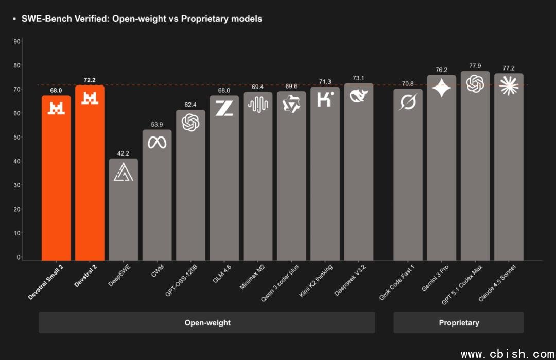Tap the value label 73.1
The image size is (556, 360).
[x=358, y=78]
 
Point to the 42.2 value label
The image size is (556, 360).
[x=124, y=153]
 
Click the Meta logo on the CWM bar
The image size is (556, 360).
[x=157, y=143]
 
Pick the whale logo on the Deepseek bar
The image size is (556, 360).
[x=358, y=96]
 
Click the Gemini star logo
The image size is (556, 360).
[x=442, y=89]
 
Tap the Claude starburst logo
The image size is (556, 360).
[x=509, y=85]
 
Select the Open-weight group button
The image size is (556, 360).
[x=207, y=323]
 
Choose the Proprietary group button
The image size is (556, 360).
[x=459, y=323]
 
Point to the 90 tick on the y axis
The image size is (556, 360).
[x=17, y=42]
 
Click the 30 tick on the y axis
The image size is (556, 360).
[x=17, y=185]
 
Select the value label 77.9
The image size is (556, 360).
[x=475, y=66]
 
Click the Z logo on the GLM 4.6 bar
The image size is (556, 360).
[x=224, y=108]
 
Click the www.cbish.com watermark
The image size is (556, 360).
[x=507, y=354]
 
